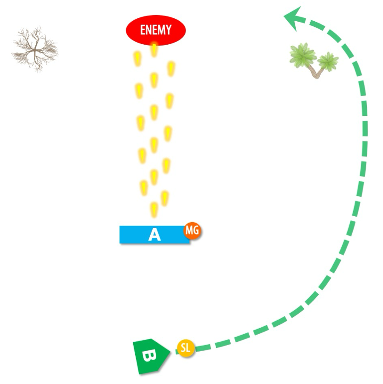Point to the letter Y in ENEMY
[x=169, y=30]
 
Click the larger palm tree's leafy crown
[x=303, y=55]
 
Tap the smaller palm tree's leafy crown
[x=328, y=61]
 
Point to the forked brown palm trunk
[x=317, y=72]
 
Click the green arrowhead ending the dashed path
[x=293, y=19]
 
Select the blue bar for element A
[x=136, y=235]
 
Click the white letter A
[x=154, y=235]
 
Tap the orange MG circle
[x=192, y=231]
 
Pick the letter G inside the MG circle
[x=196, y=231]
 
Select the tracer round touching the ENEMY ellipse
[x=154, y=49]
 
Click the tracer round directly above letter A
[x=154, y=209]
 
